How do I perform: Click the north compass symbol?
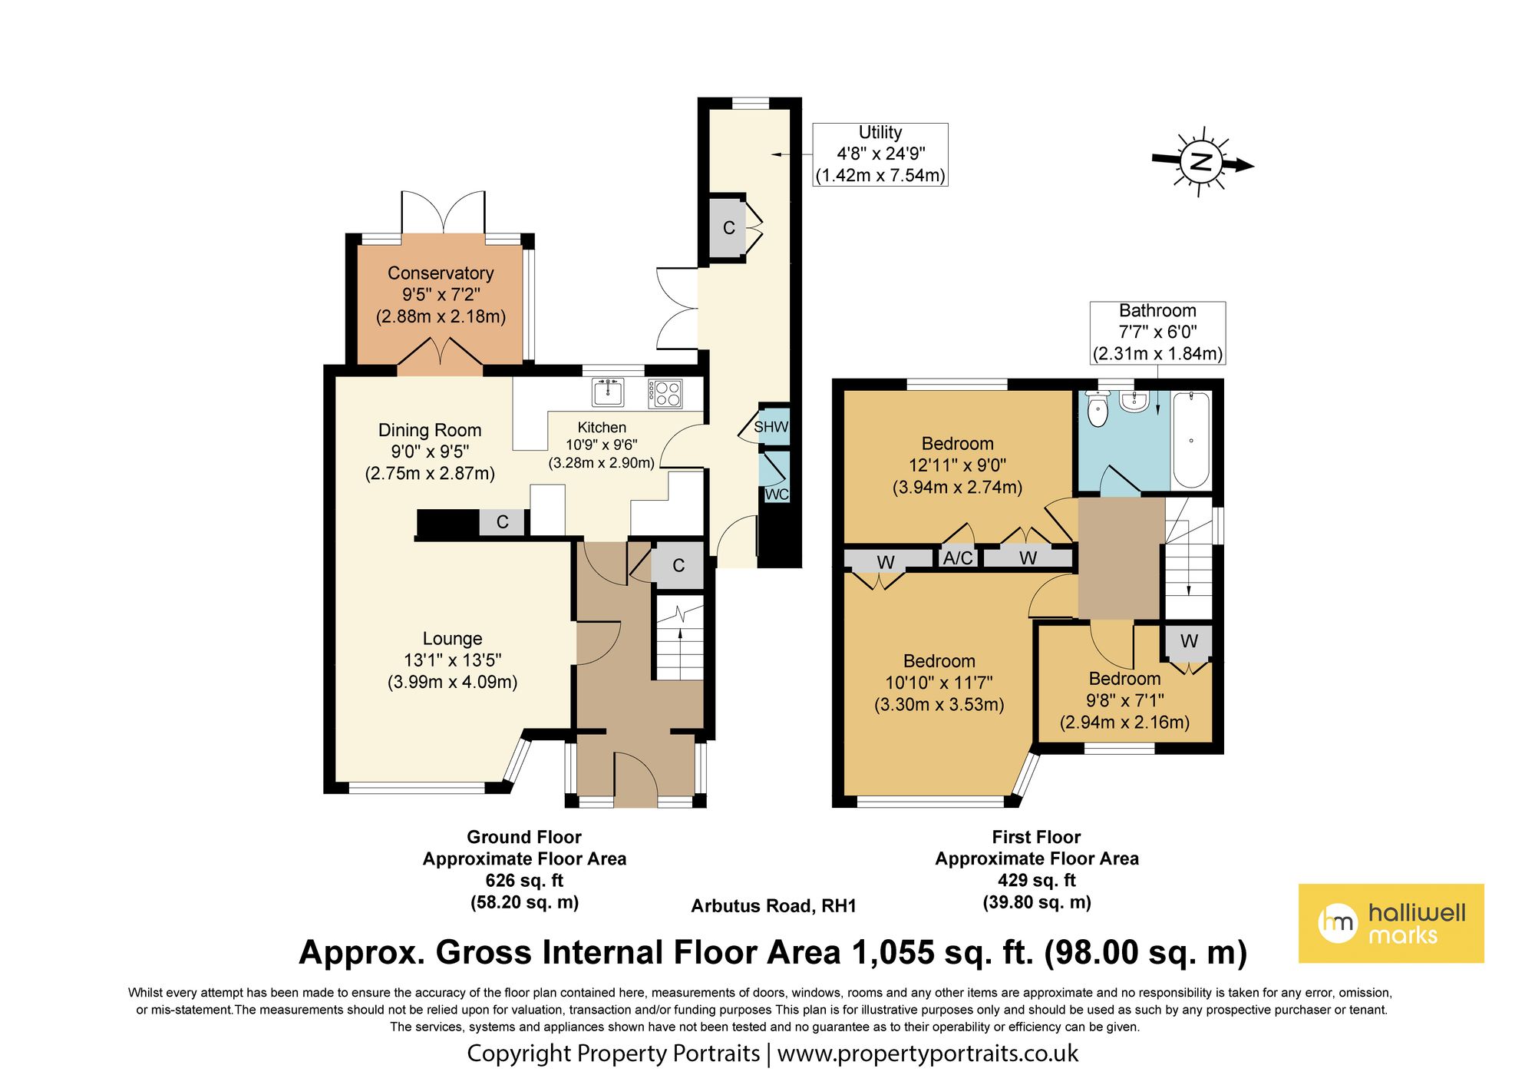coord(1201,162)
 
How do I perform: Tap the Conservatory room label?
coord(441,273)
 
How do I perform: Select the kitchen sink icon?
coord(608,392)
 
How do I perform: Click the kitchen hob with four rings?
coord(665,393)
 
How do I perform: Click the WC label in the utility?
coord(776,494)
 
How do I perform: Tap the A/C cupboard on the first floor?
coord(958,557)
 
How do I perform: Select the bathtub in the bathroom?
coord(1190,440)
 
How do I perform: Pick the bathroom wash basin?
coord(1133,401)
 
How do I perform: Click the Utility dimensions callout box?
coord(880,154)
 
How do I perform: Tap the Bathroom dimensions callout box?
coord(1157,332)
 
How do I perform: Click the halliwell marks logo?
coord(1391,923)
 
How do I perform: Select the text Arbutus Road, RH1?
coord(774,906)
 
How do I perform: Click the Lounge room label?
coord(452,639)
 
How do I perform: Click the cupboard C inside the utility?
coord(728,228)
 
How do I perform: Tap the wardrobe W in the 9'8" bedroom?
coord(1189,641)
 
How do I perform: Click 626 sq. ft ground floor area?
coord(524,881)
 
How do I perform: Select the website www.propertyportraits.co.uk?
coord(927,1054)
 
